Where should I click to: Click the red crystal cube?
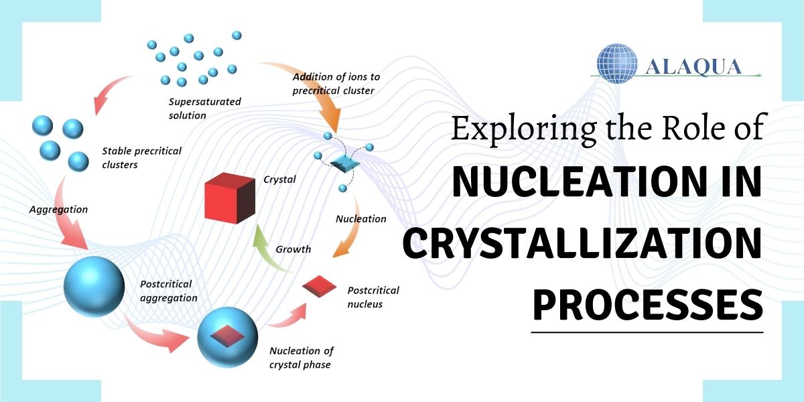[x=230, y=198]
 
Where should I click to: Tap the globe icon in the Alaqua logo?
[x=617, y=64]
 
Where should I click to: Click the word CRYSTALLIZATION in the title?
[x=582, y=243]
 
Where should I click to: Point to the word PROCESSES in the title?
[x=648, y=304]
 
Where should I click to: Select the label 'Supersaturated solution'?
[x=204, y=109]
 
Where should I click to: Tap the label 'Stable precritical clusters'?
[x=142, y=157]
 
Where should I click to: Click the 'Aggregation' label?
[x=58, y=209]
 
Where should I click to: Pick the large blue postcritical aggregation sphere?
[x=94, y=287]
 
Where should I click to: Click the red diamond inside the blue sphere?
[x=227, y=336]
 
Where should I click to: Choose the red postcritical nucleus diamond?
[x=320, y=287]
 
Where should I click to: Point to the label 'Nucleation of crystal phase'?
[x=301, y=358]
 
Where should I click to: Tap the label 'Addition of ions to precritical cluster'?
[x=336, y=84]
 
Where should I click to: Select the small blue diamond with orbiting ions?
[x=344, y=164]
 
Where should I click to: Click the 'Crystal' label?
[x=279, y=180]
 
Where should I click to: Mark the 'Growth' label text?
[x=293, y=249]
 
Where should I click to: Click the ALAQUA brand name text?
[x=693, y=67]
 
